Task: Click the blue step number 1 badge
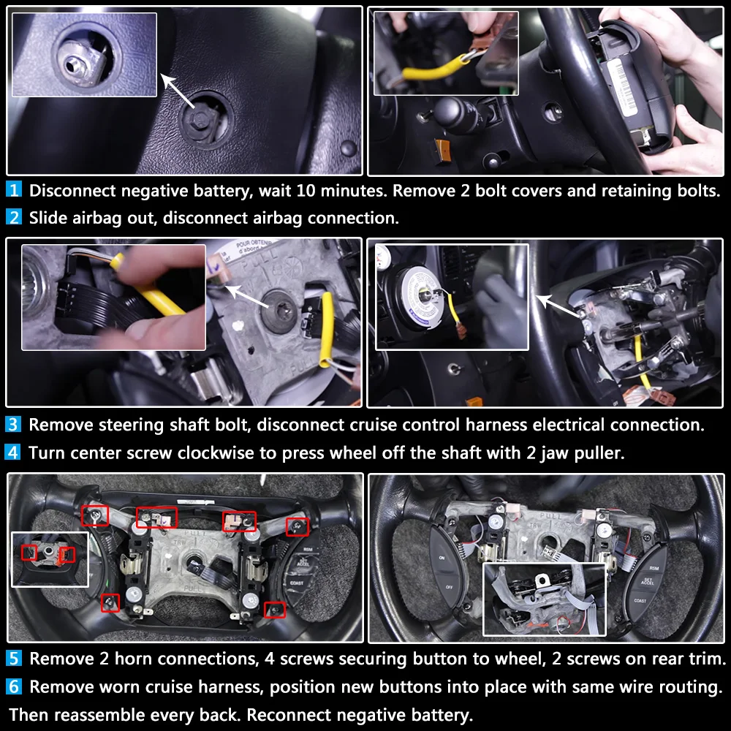(x=13, y=189)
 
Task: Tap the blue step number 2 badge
(x=13, y=217)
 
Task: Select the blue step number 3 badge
(x=13, y=424)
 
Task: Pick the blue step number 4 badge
(x=13, y=452)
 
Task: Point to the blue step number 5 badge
(x=13, y=658)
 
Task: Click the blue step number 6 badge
(x=13, y=686)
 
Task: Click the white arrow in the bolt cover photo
(x=178, y=91)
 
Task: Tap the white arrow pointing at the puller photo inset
(x=558, y=306)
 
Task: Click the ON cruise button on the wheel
(x=442, y=558)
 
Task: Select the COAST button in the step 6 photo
(x=640, y=600)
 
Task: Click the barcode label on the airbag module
(x=622, y=87)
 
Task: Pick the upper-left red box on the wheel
(x=94, y=515)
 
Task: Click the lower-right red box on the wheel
(x=275, y=610)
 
